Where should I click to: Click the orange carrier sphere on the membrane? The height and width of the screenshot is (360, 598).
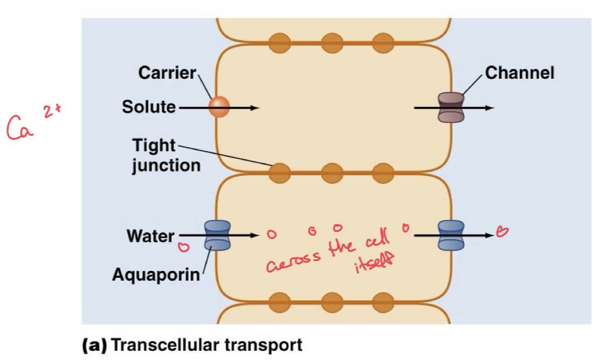coord(219,106)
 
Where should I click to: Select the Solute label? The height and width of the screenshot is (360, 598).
coord(149,107)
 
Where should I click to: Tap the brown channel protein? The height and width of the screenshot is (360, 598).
coord(451,108)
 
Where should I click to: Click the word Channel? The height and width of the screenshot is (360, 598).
coord(519,73)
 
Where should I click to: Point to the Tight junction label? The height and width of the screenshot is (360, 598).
coord(166,155)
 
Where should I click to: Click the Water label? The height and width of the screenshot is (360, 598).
coord(150,236)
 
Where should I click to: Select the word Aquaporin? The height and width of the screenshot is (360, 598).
coord(156,274)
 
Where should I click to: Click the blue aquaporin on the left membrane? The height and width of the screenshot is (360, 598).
coord(217,236)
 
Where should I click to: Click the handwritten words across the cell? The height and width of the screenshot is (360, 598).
coord(327,257)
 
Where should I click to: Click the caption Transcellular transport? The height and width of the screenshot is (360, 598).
coord(206,346)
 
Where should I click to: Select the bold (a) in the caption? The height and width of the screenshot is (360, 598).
coord(94,346)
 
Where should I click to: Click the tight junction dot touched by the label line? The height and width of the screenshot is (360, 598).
coord(280,172)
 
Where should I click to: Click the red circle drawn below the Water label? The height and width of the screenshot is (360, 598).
coord(183,248)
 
